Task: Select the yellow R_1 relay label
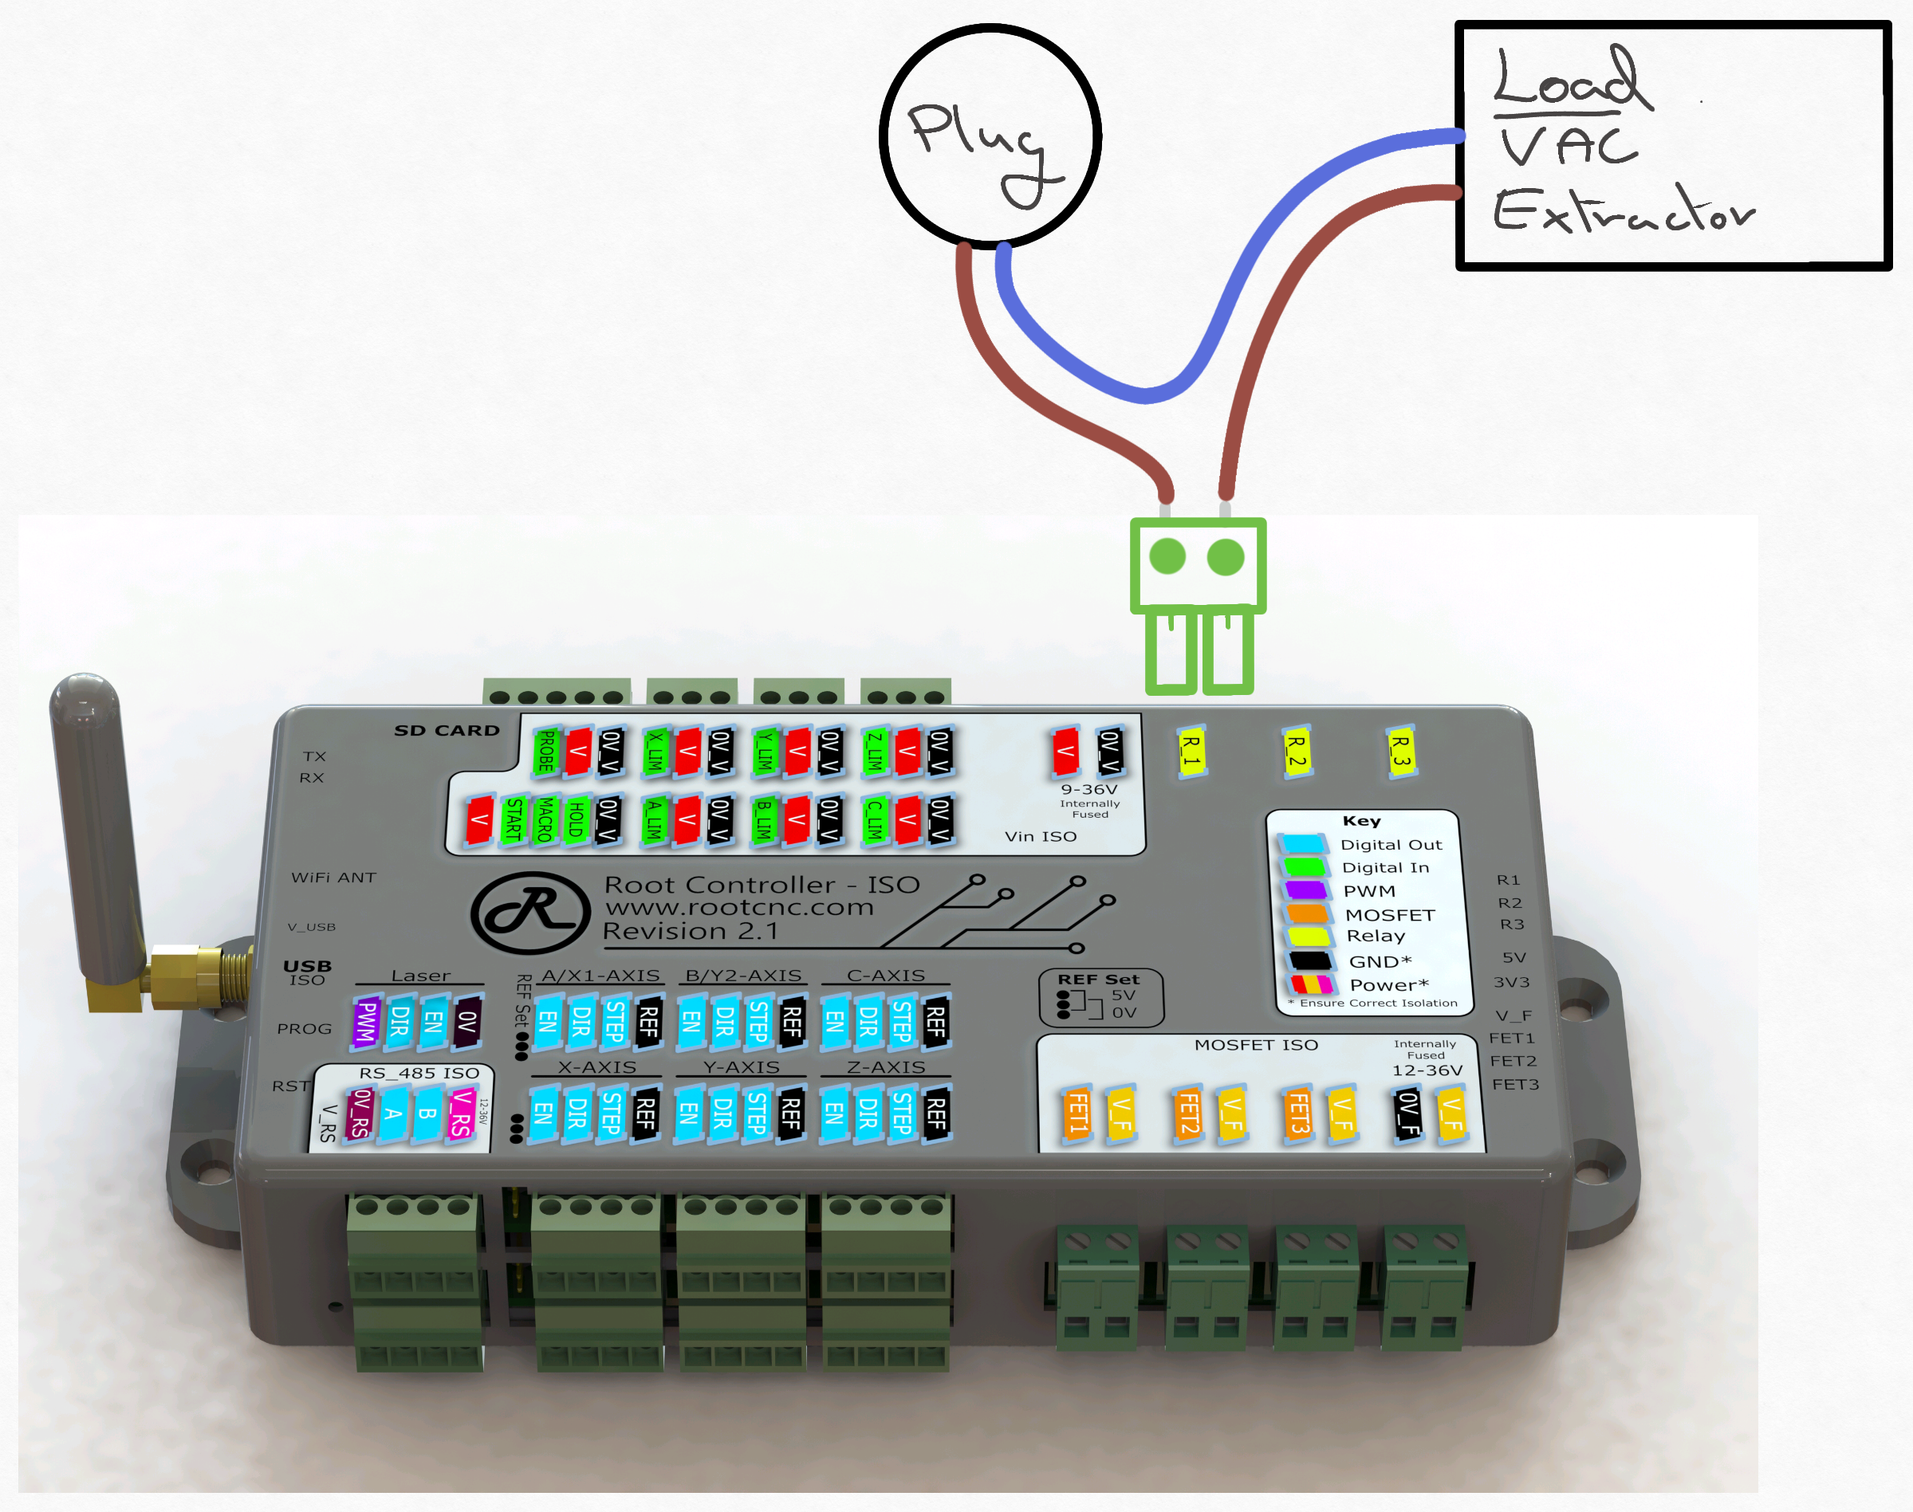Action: (1192, 753)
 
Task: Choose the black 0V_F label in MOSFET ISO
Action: (1408, 1113)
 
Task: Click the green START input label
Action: (514, 819)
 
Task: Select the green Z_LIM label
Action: (874, 751)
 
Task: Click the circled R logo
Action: (530, 912)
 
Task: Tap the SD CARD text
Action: (447, 730)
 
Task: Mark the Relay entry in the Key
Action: (1375, 936)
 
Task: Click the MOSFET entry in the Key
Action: (1388, 914)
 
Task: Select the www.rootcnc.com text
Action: (738, 907)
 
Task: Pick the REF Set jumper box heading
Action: (1098, 979)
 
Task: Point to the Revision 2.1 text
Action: (690, 931)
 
